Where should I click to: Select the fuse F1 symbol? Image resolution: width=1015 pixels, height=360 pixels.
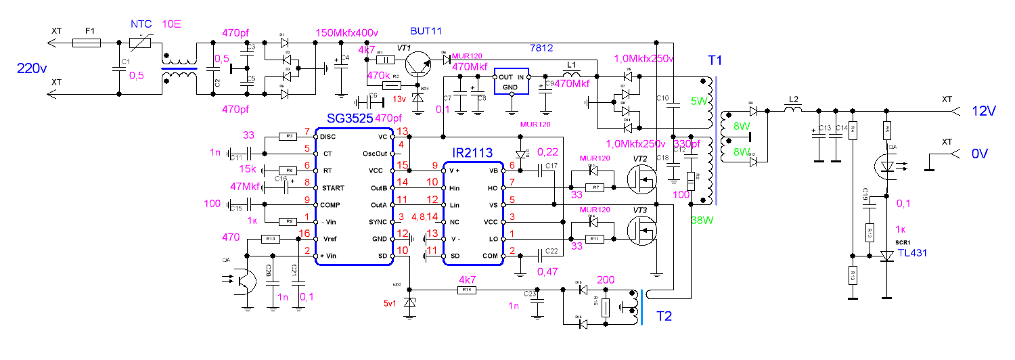[x=86, y=43]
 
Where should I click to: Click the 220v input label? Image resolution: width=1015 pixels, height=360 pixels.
[x=30, y=68]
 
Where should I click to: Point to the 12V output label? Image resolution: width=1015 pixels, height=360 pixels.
[x=984, y=110]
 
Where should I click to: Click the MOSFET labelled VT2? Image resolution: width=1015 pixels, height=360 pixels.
[x=641, y=180]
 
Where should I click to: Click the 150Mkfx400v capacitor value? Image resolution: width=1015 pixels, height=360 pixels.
[x=347, y=33]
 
